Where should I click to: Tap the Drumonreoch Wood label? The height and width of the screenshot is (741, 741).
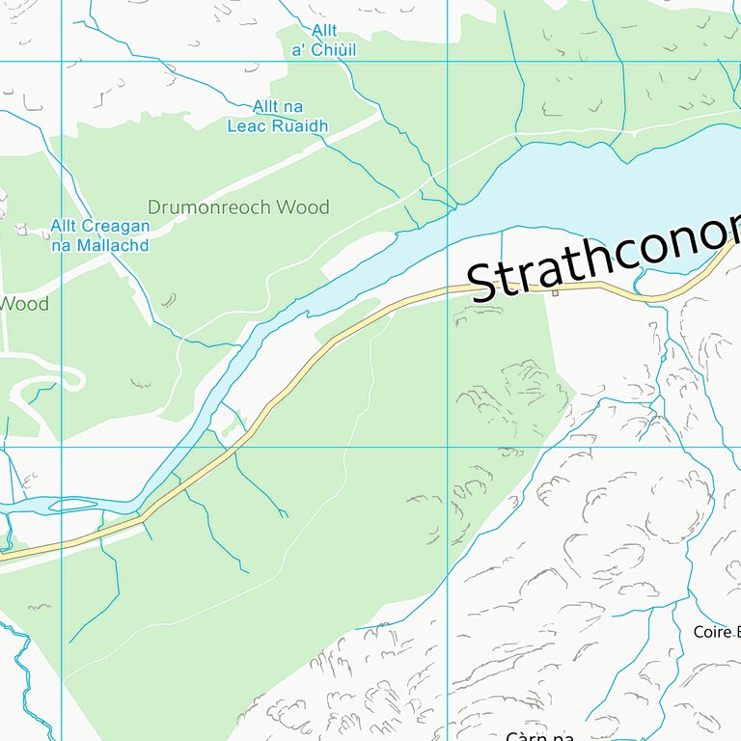pyautogui.click(x=237, y=207)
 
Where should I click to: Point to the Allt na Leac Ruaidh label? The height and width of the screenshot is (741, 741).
pyautogui.click(x=278, y=116)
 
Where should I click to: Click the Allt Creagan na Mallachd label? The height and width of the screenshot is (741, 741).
pyautogui.click(x=100, y=235)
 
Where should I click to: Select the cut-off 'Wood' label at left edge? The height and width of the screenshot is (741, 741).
pyautogui.click(x=24, y=304)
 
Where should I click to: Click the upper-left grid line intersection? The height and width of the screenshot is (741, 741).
pyautogui.click(x=61, y=61)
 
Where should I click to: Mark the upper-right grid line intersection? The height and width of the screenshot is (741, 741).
pyautogui.click(x=447, y=61)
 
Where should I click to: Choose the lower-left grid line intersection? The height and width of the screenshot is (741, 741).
pyautogui.click(x=61, y=447)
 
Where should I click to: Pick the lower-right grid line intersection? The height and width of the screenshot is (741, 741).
pyautogui.click(x=447, y=447)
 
